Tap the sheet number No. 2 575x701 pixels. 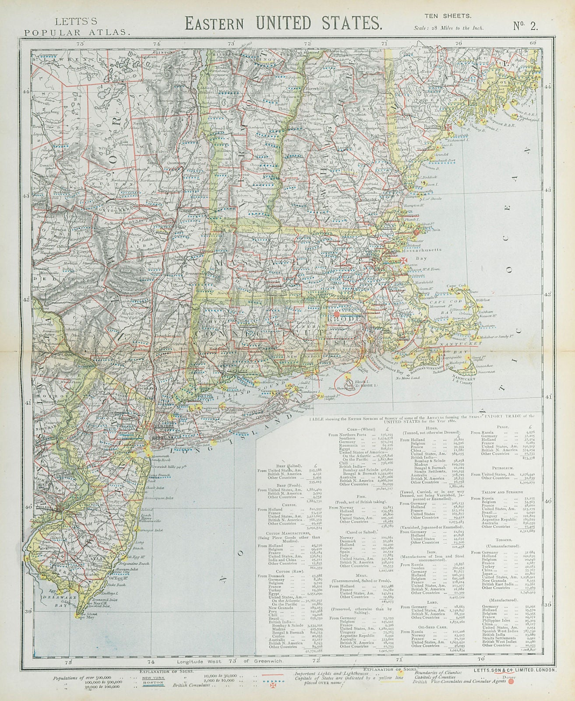point(526,25)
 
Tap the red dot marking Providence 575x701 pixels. point(336,314)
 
